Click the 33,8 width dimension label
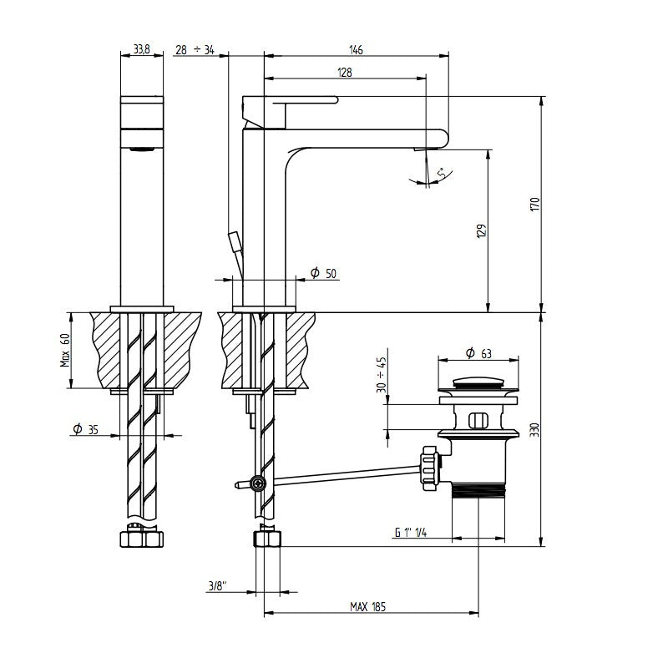(x=142, y=50)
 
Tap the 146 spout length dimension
(x=356, y=50)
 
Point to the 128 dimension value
(x=344, y=73)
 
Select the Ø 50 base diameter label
(x=322, y=273)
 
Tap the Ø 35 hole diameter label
(x=86, y=429)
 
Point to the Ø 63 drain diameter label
(x=478, y=354)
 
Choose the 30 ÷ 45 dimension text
(x=382, y=375)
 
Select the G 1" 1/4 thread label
(x=411, y=534)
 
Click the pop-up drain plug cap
(x=478, y=386)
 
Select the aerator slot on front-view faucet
(x=143, y=150)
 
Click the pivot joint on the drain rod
(x=260, y=483)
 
